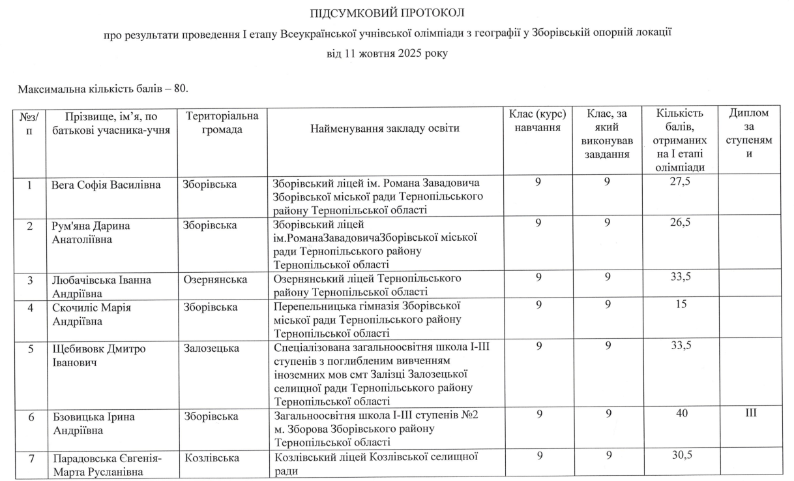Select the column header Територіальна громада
pyautogui.click(x=222, y=123)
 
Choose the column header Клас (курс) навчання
pyautogui.click(x=538, y=121)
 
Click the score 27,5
pyautogui.click(x=679, y=183)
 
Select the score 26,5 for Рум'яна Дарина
pyautogui.click(x=679, y=223)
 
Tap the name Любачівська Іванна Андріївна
pyautogui.click(x=101, y=286)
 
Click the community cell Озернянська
pyautogui.click(x=215, y=280)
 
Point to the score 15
pyautogui.click(x=679, y=305)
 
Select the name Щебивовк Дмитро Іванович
pyautogui.click(x=98, y=355)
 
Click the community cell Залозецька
pyautogui.click(x=211, y=349)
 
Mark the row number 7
pyautogui.click(x=29, y=458)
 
